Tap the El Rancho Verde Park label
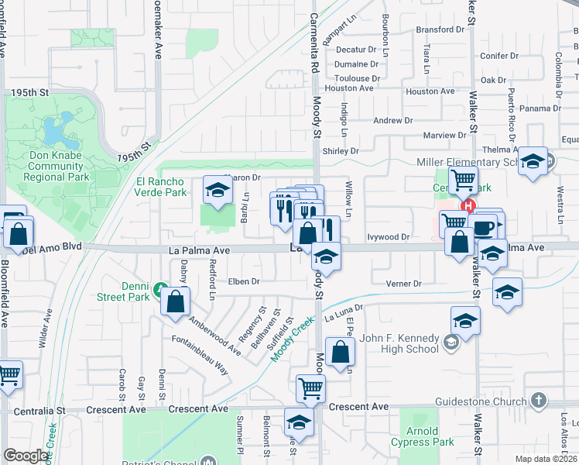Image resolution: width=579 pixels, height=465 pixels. click(x=161, y=187)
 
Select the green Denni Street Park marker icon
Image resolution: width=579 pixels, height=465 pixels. click(x=159, y=290)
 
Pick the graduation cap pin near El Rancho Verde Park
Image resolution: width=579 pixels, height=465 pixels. click(x=218, y=190)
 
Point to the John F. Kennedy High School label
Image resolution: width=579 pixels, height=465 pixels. click(x=399, y=343)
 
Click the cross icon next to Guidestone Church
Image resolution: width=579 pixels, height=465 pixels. click(x=540, y=401)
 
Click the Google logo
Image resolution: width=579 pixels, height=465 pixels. click(x=26, y=455)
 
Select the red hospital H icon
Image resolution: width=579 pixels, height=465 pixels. click(x=467, y=206)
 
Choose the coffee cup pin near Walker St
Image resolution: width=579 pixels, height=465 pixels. click(x=484, y=227)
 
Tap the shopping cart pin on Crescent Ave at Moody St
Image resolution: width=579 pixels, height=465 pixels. click(x=310, y=387)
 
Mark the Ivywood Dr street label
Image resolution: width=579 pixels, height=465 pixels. click(x=388, y=237)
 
